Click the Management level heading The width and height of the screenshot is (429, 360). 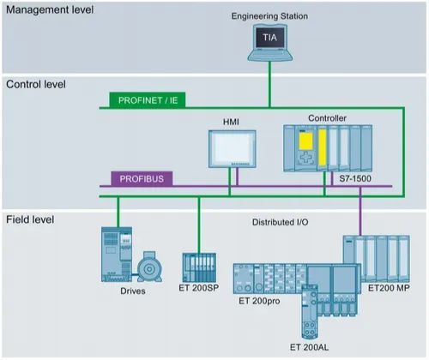click(x=50, y=9)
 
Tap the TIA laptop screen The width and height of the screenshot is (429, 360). click(x=270, y=38)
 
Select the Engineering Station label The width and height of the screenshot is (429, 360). click(x=269, y=16)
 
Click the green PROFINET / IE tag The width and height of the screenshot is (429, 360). click(x=148, y=100)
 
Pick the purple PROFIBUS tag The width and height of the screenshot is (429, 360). click(x=142, y=179)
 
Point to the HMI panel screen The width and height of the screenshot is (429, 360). click(x=232, y=148)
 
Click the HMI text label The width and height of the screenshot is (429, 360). click(x=231, y=122)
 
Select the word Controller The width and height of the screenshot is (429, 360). click(x=327, y=118)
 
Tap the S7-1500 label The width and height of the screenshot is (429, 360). click(x=355, y=178)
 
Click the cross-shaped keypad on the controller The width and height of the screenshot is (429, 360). click(x=305, y=158)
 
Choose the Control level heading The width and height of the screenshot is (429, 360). click(x=36, y=84)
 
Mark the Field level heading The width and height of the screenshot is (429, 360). click(x=30, y=219)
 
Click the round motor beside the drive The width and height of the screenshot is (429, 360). click(x=149, y=267)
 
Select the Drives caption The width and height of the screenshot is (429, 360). click(x=133, y=291)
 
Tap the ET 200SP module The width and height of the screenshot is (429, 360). click(x=199, y=267)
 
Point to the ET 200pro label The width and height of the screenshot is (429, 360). click(x=259, y=301)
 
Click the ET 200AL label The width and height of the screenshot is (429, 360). click(x=309, y=347)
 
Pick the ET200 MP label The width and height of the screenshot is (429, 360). click(x=389, y=288)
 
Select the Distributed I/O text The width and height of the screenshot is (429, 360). click(x=281, y=222)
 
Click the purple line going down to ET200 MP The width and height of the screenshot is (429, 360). click(x=360, y=211)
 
